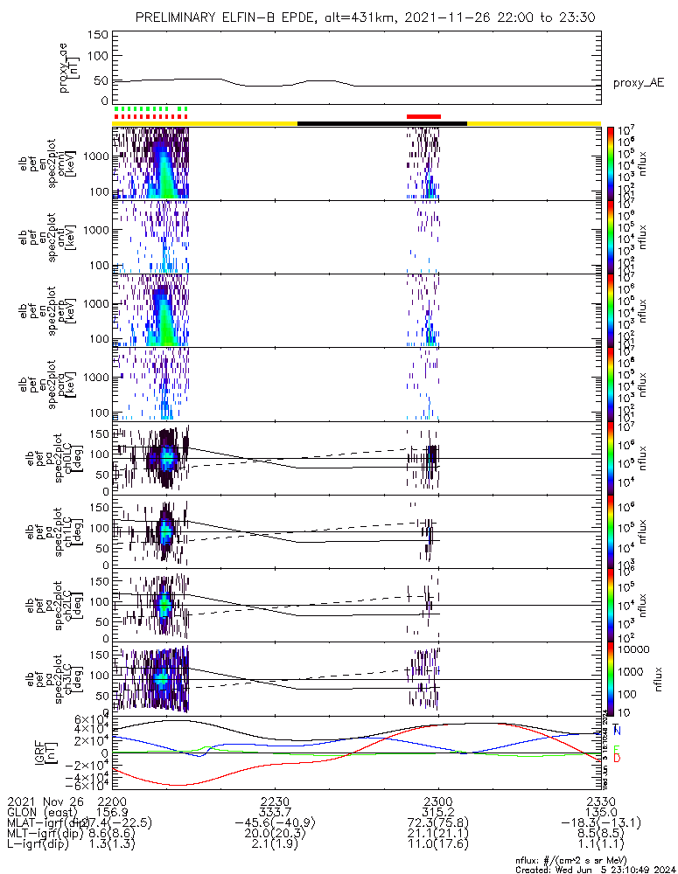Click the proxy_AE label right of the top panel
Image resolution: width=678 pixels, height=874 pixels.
pyautogui.click(x=638, y=83)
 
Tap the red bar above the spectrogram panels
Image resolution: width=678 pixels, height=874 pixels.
pyautogui.click(x=424, y=116)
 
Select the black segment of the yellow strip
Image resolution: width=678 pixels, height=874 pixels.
pyautogui.click(x=382, y=123)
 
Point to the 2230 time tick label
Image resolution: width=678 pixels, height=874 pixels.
pyautogui.click(x=275, y=801)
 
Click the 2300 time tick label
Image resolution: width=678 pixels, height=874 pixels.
pyautogui.click(x=437, y=801)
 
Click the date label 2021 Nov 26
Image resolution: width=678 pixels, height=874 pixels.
pyautogui.click(x=45, y=801)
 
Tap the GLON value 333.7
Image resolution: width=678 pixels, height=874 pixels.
pyautogui.click(x=275, y=811)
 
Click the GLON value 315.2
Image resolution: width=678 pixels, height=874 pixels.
pyautogui.click(x=437, y=811)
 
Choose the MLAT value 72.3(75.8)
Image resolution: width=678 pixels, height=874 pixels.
pyautogui.click(x=437, y=822)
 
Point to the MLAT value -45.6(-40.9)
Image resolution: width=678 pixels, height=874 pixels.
pyautogui.click(x=275, y=822)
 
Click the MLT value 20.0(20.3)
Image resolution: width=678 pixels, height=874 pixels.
pyautogui.click(x=275, y=833)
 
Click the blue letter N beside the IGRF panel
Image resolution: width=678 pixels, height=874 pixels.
pyautogui.click(x=618, y=730)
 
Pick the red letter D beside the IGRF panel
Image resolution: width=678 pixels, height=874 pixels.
pyautogui.click(x=618, y=757)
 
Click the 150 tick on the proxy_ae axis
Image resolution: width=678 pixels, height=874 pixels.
pyautogui.click(x=98, y=34)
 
